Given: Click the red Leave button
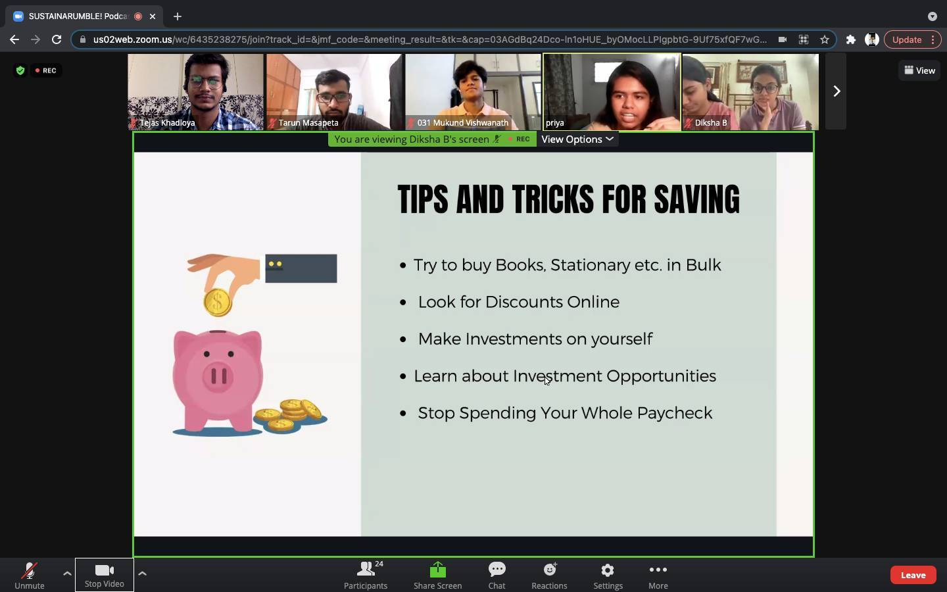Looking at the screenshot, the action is pos(913,575).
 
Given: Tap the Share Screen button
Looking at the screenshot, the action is pos(437,575).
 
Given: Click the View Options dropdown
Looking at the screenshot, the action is pos(577,139).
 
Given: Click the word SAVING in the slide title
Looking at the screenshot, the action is pos(696,199).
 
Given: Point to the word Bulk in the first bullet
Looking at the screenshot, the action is pos(703,264).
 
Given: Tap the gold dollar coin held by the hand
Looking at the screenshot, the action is pos(217,302).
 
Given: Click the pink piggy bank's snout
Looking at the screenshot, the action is pos(218,375).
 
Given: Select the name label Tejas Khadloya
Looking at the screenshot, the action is pos(167,122).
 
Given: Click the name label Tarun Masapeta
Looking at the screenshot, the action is pos(308,122).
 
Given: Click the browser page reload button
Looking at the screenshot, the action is pos(57,39).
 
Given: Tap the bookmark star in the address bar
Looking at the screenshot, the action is pos(825,39).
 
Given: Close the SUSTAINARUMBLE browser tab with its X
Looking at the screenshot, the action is pos(153,16).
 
